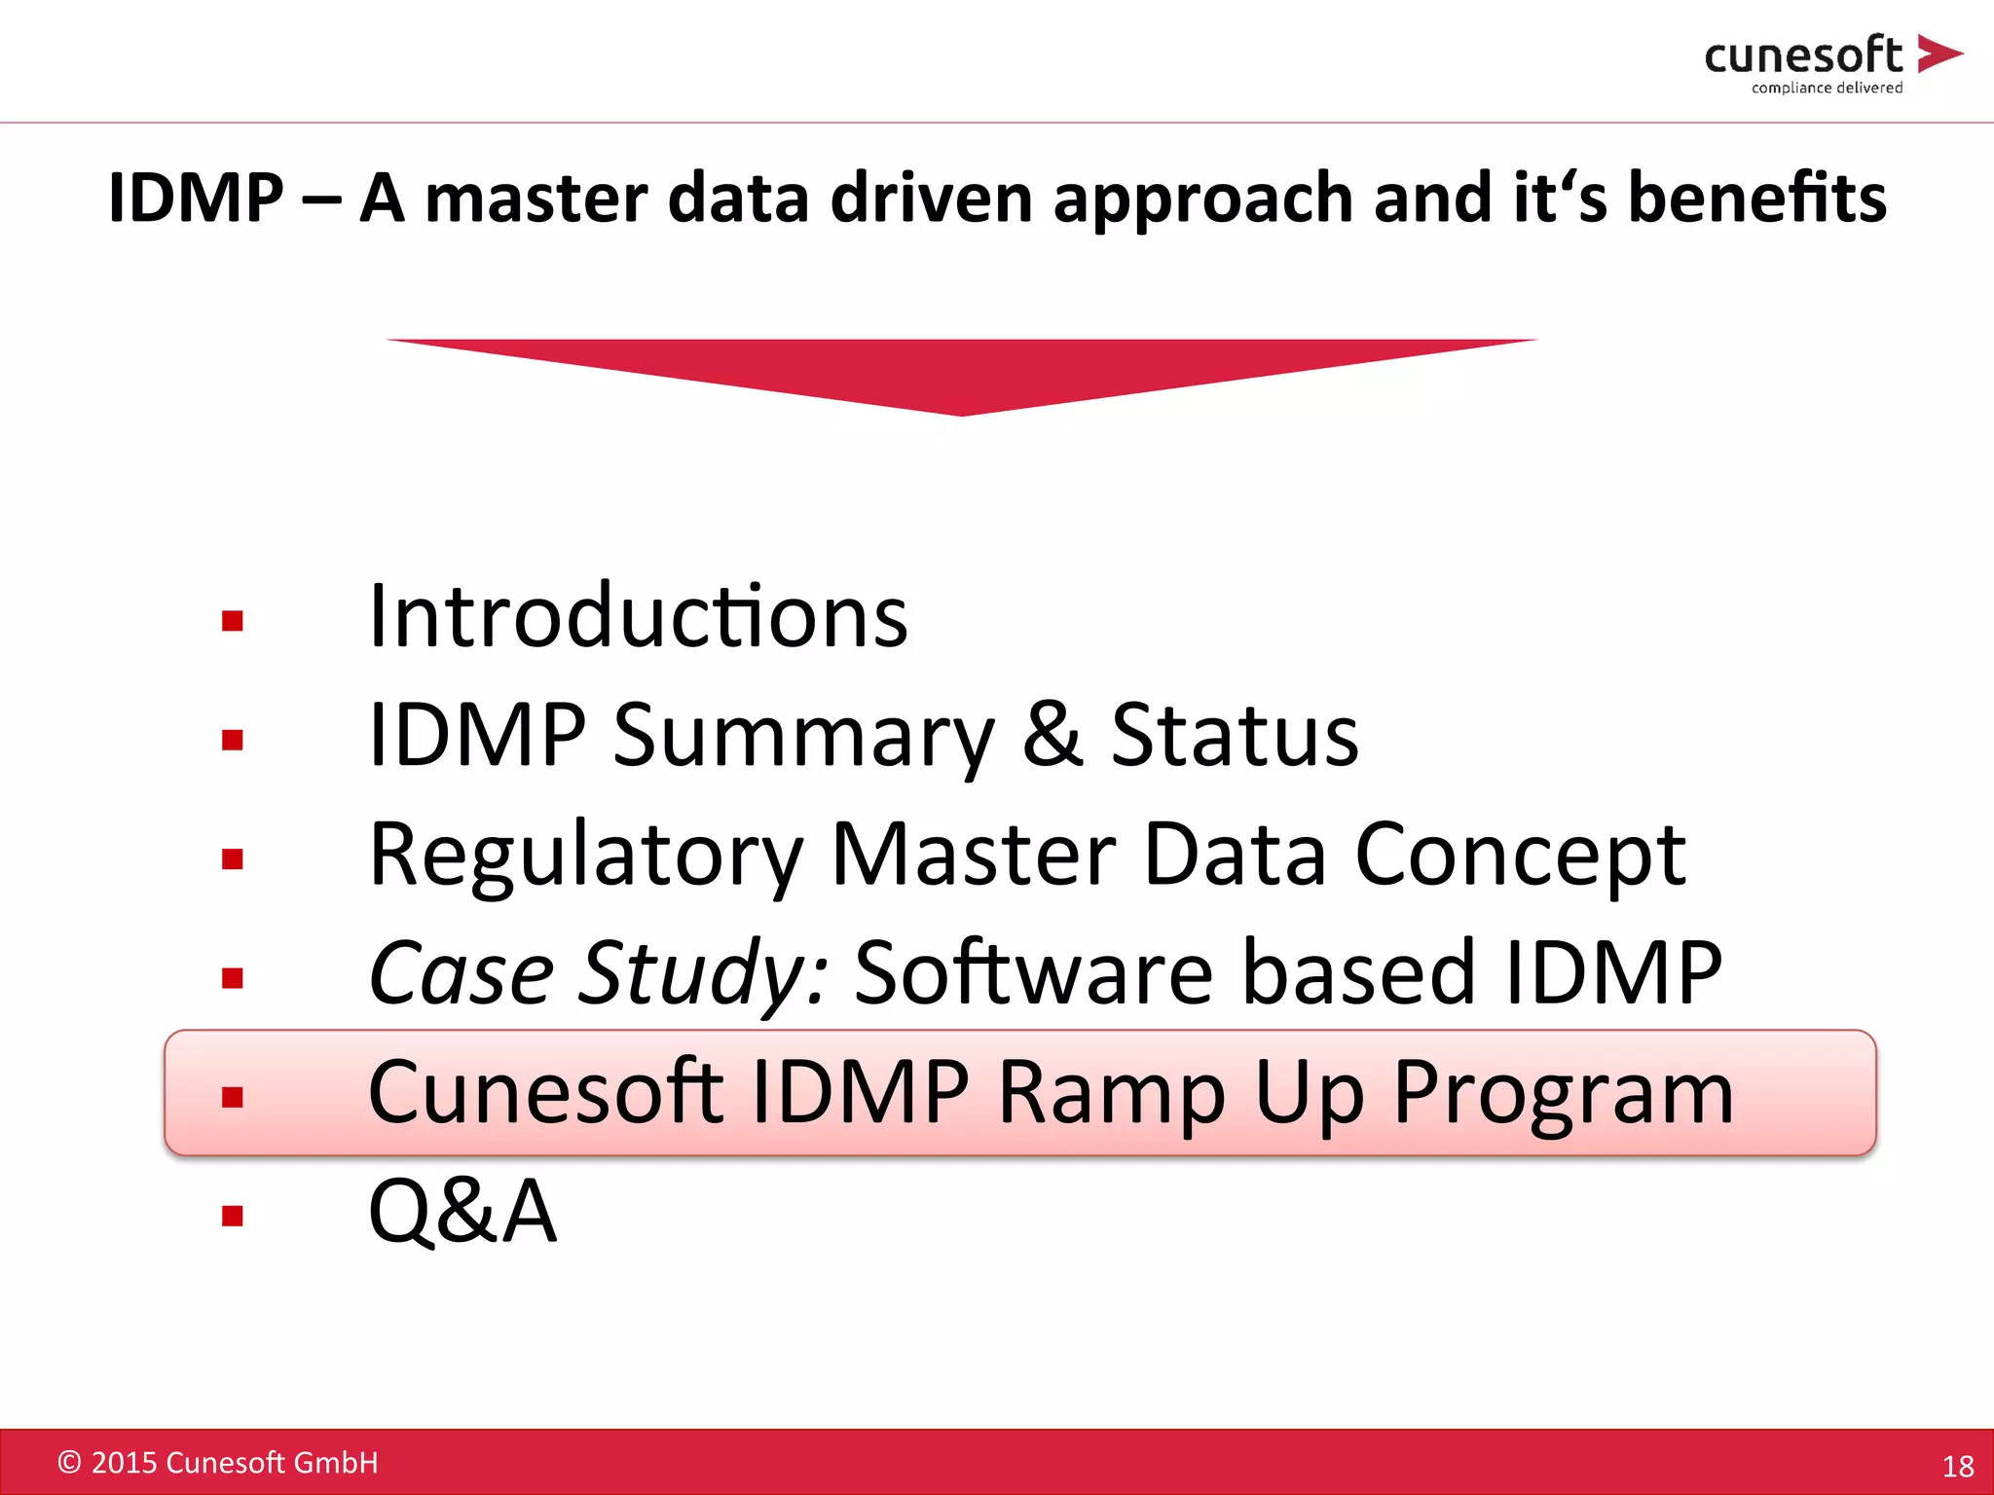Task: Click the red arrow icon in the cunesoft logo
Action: click(x=1938, y=54)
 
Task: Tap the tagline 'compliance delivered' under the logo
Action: click(x=1827, y=88)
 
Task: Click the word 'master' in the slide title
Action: click(x=535, y=198)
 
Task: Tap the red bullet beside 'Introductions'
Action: click(x=232, y=621)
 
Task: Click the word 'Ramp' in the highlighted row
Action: click(x=1111, y=1093)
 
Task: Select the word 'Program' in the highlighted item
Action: click(x=1563, y=1093)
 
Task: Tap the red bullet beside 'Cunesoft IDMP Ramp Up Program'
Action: click(x=232, y=1098)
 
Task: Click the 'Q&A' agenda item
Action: click(x=462, y=1212)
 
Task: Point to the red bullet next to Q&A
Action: click(x=232, y=1216)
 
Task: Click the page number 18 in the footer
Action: click(x=1957, y=1466)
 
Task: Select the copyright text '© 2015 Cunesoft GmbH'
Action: click(x=218, y=1463)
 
